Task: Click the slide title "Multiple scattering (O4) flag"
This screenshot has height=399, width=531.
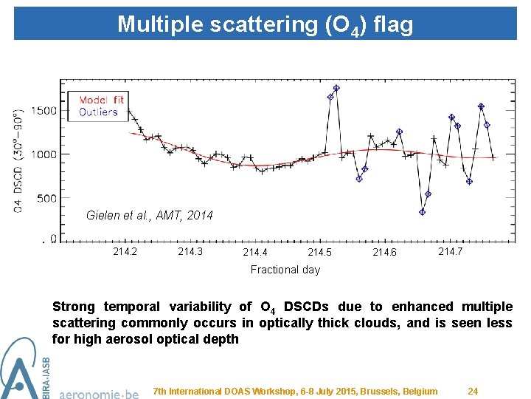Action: click(x=265, y=24)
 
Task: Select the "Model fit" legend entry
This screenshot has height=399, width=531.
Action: click(x=101, y=100)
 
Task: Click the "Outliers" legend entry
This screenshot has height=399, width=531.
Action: click(x=98, y=112)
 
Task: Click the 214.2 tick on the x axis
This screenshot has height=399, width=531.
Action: click(x=125, y=252)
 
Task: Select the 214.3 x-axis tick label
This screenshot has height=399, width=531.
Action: click(x=190, y=252)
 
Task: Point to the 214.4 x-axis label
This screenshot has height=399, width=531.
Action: click(x=255, y=253)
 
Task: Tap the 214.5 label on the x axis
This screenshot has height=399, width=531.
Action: click(x=319, y=253)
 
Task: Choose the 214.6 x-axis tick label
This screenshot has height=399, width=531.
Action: click(x=384, y=253)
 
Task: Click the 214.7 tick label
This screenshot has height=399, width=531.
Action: click(x=450, y=252)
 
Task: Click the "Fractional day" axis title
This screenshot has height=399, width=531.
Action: click(x=285, y=270)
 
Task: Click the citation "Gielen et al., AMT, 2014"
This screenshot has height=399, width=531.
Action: click(x=149, y=216)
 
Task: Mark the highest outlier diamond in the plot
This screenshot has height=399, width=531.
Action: click(x=336, y=88)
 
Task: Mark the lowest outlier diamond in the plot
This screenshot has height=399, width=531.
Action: click(x=422, y=212)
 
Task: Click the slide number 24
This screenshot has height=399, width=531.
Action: click(x=473, y=391)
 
